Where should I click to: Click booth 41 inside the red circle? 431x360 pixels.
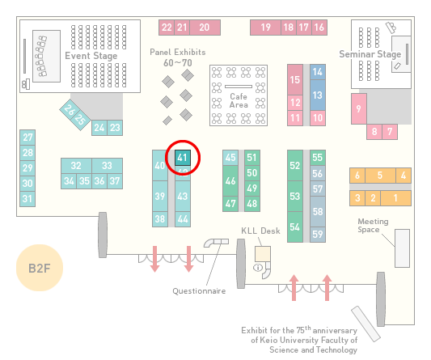[x=183, y=158]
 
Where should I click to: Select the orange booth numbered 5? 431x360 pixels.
[x=380, y=176]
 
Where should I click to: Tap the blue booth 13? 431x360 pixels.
[x=318, y=95]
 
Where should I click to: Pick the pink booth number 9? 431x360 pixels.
[x=359, y=108]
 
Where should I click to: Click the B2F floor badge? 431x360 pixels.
[x=40, y=268]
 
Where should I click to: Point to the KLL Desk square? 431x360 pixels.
[x=263, y=254]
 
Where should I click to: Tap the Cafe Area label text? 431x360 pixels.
[x=239, y=100]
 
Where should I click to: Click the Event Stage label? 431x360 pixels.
[x=91, y=56]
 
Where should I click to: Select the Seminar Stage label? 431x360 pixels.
[x=370, y=54]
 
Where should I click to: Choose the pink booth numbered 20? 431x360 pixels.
[x=205, y=28]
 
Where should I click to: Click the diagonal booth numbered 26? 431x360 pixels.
[x=68, y=109]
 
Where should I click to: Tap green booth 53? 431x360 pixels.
[x=295, y=196]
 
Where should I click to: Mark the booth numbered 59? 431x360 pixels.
[x=318, y=235]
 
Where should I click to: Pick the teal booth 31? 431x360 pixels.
[x=27, y=199]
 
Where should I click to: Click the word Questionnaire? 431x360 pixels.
[x=199, y=291]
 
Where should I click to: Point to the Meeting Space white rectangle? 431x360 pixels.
[x=402, y=248]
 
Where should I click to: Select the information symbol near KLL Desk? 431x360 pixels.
[x=258, y=267]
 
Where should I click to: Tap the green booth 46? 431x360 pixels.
[x=230, y=180]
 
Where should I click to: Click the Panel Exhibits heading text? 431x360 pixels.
[x=178, y=52]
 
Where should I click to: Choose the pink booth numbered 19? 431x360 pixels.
[x=265, y=28]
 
